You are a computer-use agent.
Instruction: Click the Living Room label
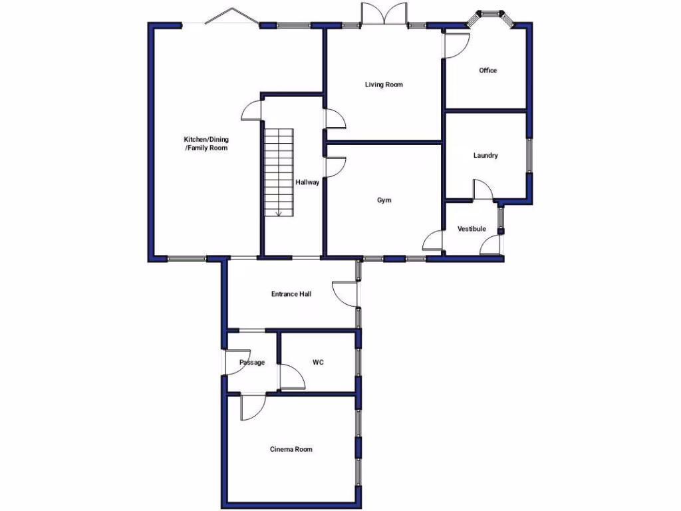[384, 85]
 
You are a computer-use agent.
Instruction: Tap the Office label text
[487, 71]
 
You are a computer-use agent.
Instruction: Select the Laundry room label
[485, 156]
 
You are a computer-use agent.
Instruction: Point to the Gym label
[384, 200]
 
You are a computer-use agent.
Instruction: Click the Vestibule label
[472, 229]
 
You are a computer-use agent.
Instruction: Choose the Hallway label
[308, 182]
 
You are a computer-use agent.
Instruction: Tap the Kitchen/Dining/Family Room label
[206, 144]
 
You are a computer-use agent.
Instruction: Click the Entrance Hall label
[291, 293]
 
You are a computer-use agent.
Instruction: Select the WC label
[318, 363]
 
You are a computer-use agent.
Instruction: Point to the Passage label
[252, 363]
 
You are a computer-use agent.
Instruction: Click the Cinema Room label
[291, 449]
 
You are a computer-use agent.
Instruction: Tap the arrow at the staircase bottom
[279, 212]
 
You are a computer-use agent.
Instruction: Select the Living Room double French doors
[384, 15]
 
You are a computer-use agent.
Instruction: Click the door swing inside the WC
[291, 377]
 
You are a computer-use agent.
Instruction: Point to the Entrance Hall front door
[346, 293]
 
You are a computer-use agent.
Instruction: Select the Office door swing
[457, 45]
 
